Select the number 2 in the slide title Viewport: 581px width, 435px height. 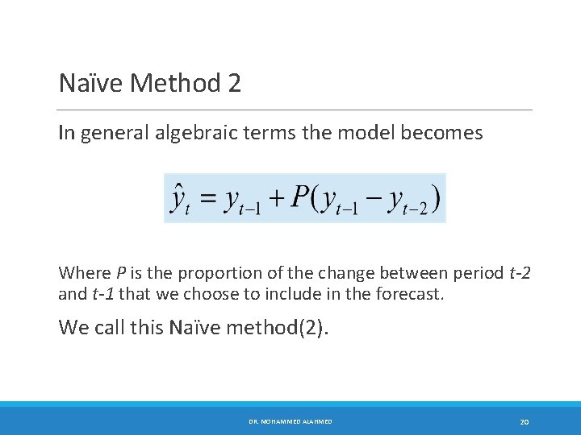234,83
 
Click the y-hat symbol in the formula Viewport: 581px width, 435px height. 179,198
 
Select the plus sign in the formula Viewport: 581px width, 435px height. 276,198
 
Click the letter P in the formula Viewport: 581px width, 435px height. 301,197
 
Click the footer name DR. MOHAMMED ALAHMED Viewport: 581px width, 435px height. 290,421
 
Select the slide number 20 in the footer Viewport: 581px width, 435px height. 524,421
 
